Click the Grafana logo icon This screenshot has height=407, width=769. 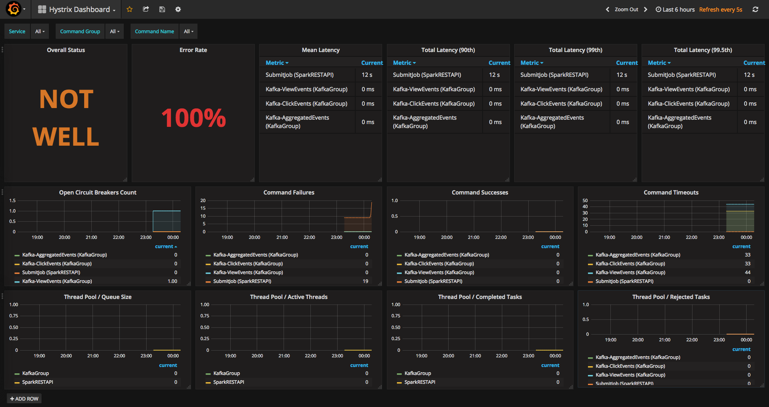tap(14, 9)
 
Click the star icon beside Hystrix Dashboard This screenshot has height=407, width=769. tap(129, 9)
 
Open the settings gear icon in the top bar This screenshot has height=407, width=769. tap(178, 9)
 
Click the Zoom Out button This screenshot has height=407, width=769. tap(626, 10)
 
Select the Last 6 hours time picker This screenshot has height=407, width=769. tap(675, 10)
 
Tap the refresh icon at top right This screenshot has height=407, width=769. tap(755, 10)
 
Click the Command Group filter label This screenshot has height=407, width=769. tap(80, 31)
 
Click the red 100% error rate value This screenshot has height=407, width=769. tap(193, 118)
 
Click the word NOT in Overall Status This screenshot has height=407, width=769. tap(66, 99)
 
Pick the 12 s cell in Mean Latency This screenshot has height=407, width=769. tap(367, 75)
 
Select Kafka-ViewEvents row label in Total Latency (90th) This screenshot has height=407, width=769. tap(434, 89)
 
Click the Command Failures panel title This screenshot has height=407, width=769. tap(289, 192)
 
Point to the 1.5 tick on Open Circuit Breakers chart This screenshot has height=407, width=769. tap(12, 200)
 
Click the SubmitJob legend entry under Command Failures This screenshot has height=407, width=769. tap(242, 281)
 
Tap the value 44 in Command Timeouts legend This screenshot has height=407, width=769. tap(747, 273)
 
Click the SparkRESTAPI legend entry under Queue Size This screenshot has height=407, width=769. tap(38, 382)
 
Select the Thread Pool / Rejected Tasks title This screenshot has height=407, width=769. tap(671, 297)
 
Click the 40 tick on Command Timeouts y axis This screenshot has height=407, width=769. tap(585, 207)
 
